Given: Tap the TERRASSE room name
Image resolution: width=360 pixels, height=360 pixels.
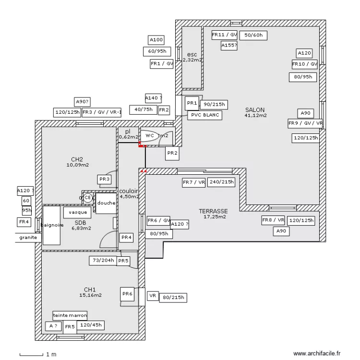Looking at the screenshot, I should (x=213, y=211).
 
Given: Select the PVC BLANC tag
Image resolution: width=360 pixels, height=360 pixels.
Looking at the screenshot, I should (x=204, y=115).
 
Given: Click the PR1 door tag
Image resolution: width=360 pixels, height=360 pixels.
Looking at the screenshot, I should (x=192, y=103).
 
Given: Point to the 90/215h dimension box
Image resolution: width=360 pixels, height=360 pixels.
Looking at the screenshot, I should (x=214, y=104).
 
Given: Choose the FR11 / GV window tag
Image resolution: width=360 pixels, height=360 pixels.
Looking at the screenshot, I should (x=225, y=35).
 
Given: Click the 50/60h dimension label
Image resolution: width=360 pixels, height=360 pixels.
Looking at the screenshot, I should (x=253, y=35).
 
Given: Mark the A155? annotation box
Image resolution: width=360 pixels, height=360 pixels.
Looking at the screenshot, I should (x=229, y=46).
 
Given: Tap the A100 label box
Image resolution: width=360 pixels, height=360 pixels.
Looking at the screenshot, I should (x=156, y=40).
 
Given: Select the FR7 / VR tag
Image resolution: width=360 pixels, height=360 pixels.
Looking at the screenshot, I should (x=193, y=182).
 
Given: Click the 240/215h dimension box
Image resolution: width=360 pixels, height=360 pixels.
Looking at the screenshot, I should (x=222, y=182).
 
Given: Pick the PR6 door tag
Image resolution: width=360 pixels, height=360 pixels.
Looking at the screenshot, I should (x=127, y=294).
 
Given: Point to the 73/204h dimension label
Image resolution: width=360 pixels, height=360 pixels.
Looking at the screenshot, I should (x=102, y=261).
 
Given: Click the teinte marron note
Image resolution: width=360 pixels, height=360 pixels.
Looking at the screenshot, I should (x=70, y=315).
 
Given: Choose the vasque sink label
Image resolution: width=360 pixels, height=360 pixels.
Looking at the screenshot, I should (x=77, y=212).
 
